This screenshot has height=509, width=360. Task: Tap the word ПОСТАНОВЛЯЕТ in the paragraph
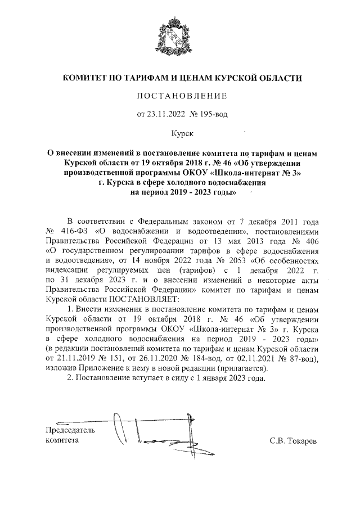click(x=143, y=299)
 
